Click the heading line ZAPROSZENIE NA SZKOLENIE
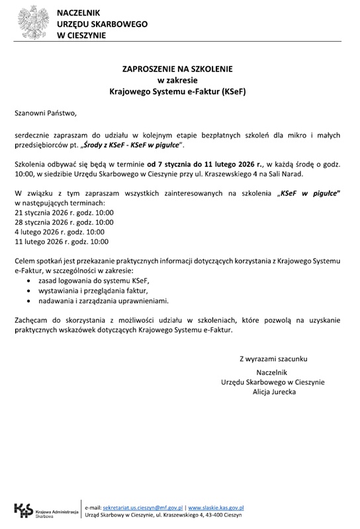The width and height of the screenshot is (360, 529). pyautogui.click(x=177, y=68)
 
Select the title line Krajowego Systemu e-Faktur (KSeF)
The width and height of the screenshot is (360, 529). pyautogui.click(x=177, y=92)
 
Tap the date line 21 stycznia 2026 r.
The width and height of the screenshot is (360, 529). pyautogui.click(x=64, y=213)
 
